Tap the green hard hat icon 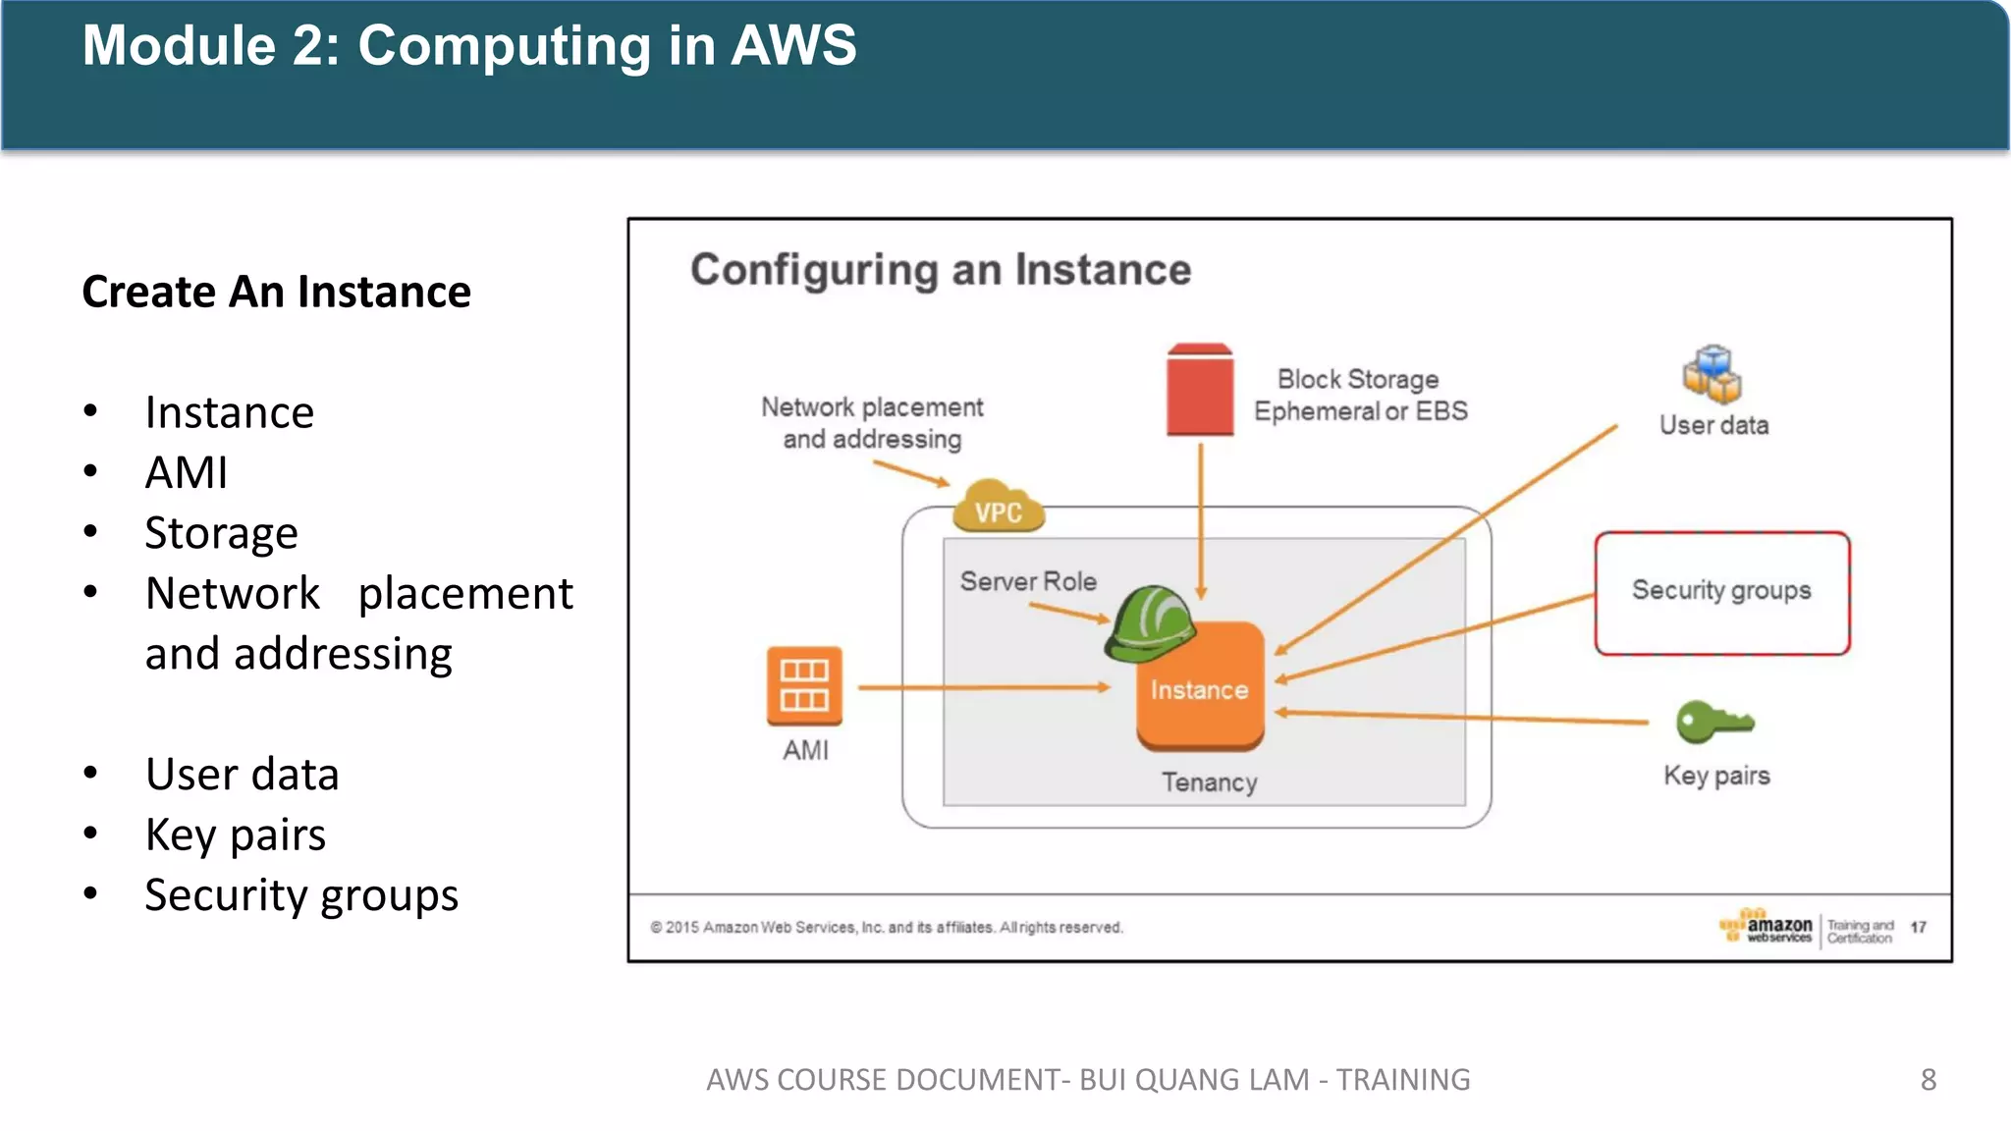point(1149,623)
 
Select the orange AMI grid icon point(804,685)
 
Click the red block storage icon point(1199,391)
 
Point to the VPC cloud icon point(998,507)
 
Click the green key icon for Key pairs point(1712,723)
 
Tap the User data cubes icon point(1712,374)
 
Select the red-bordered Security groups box point(1721,593)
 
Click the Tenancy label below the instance point(1209,782)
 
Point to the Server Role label point(1028,581)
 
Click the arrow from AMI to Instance point(982,688)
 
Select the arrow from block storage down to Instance point(1200,520)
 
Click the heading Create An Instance point(276,292)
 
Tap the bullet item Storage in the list point(221,533)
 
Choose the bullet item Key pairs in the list point(235,835)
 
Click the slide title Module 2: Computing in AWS point(469,46)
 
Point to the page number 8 point(1928,1079)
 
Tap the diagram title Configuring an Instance point(940,270)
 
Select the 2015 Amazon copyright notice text point(886,927)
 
